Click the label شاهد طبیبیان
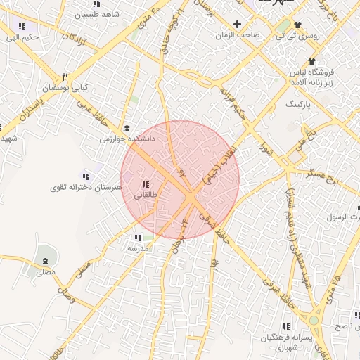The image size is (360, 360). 96,14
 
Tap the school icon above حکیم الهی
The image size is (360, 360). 22,27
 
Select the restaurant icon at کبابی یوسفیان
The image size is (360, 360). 65,77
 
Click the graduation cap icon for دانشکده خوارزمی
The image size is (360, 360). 127,128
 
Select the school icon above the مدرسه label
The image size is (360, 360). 136,238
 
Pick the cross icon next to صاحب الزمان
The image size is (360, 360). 238,24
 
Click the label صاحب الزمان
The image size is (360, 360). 238,34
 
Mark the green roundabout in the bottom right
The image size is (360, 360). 314,321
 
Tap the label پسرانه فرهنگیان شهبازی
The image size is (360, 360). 285,344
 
